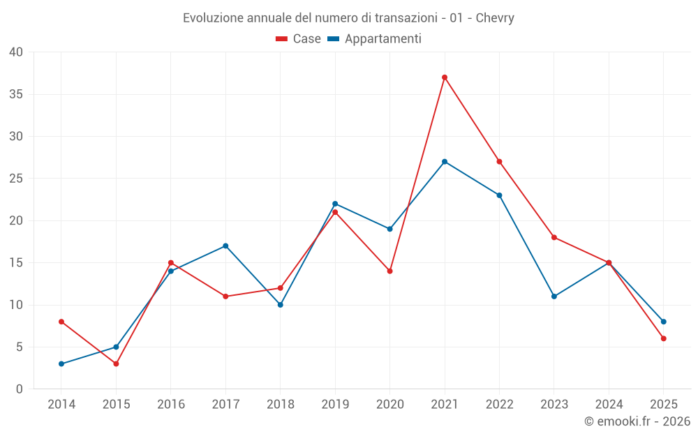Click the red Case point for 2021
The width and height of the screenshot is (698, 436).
(445, 77)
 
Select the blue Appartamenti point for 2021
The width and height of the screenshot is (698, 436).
(445, 162)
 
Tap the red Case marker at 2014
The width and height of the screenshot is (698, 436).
(61, 322)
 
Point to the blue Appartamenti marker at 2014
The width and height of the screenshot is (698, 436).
(61, 364)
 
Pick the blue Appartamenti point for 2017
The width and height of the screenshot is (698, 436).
(225, 246)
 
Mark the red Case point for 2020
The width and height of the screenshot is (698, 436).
(390, 271)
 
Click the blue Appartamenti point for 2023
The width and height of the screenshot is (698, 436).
(554, 296)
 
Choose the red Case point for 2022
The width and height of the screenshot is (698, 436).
(499, 162)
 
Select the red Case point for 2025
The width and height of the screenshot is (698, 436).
(664, 338)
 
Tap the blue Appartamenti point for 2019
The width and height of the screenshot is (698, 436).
(335, 204)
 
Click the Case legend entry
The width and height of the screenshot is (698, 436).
(299, 39)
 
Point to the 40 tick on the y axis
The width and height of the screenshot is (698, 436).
(17, 52)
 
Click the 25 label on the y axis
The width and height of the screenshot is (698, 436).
(17, 179)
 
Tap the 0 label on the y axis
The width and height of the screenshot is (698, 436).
(20, 389)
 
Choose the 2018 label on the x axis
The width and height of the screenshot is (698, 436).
(281, 405)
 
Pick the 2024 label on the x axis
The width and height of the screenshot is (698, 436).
(609, 405)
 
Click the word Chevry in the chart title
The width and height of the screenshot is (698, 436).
(495, 18)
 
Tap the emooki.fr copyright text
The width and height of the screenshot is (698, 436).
(637, 421)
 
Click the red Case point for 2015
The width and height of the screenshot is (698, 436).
(116, 364)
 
